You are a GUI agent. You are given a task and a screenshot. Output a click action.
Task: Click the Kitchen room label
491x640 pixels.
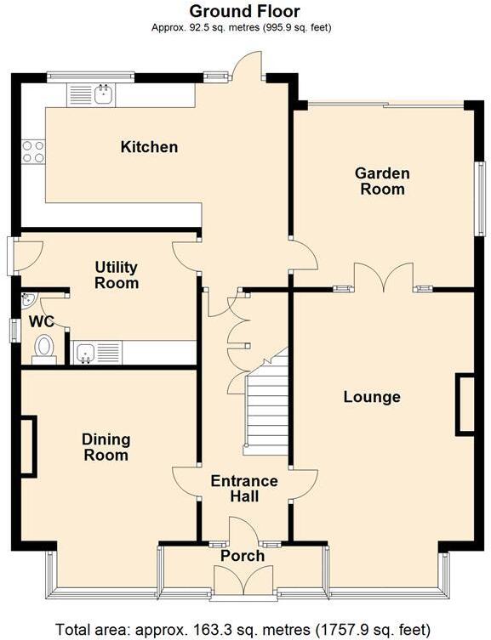[149, 147]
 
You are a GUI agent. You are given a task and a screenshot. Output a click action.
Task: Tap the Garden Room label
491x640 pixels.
[382, 181]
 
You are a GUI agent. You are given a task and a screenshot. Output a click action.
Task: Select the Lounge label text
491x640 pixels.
[372, 397]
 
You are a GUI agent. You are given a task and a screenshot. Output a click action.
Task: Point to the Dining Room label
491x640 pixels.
[106, 447]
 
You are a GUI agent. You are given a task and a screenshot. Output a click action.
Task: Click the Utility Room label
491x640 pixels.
[117, 275]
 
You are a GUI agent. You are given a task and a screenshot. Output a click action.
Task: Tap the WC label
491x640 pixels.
[41, 322]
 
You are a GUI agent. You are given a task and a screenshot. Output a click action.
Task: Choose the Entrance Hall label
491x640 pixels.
[244, 489]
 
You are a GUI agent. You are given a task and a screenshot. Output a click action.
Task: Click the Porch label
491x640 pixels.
[243, 556]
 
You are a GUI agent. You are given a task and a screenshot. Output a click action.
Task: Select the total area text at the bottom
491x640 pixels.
[245, 630]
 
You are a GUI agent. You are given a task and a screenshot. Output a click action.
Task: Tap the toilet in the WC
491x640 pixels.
[43, 348]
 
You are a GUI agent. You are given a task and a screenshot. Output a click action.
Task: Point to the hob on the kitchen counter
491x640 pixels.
[33, 151]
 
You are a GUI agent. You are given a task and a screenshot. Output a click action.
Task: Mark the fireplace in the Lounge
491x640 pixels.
[465, 405]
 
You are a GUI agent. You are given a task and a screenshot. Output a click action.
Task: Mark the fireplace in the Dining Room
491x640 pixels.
[28, 445]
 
